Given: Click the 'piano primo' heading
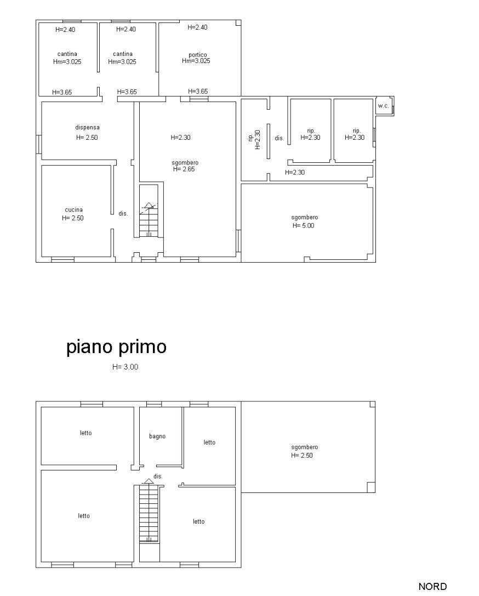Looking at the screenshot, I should (x=116, y=348).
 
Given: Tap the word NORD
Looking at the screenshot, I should (x=432, y=587).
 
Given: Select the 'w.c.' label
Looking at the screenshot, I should (x=383, y=105).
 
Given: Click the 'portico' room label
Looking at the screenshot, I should (x=197, y=54).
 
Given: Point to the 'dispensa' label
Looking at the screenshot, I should (x=87, y=127).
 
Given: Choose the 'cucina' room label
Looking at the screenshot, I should (x=73, y=209).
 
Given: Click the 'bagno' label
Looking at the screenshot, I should (x=157, y=436).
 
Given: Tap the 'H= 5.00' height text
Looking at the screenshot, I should (x=303, y=225).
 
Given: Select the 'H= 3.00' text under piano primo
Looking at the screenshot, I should (x=125, y=367).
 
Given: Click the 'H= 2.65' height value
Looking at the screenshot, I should (x=184, y=169).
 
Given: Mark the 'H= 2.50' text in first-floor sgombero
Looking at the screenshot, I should (x=302, y=456).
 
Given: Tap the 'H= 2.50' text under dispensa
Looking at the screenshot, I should (x=87, y=138).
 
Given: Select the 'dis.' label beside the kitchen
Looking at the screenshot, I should (x=123, y=213).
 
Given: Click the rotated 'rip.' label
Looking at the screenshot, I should (x=250, y=138).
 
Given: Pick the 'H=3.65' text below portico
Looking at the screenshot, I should (x=198, y=92).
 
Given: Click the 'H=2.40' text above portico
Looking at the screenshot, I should (x=197, y=27).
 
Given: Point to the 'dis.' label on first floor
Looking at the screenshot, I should (x=158, y=476).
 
